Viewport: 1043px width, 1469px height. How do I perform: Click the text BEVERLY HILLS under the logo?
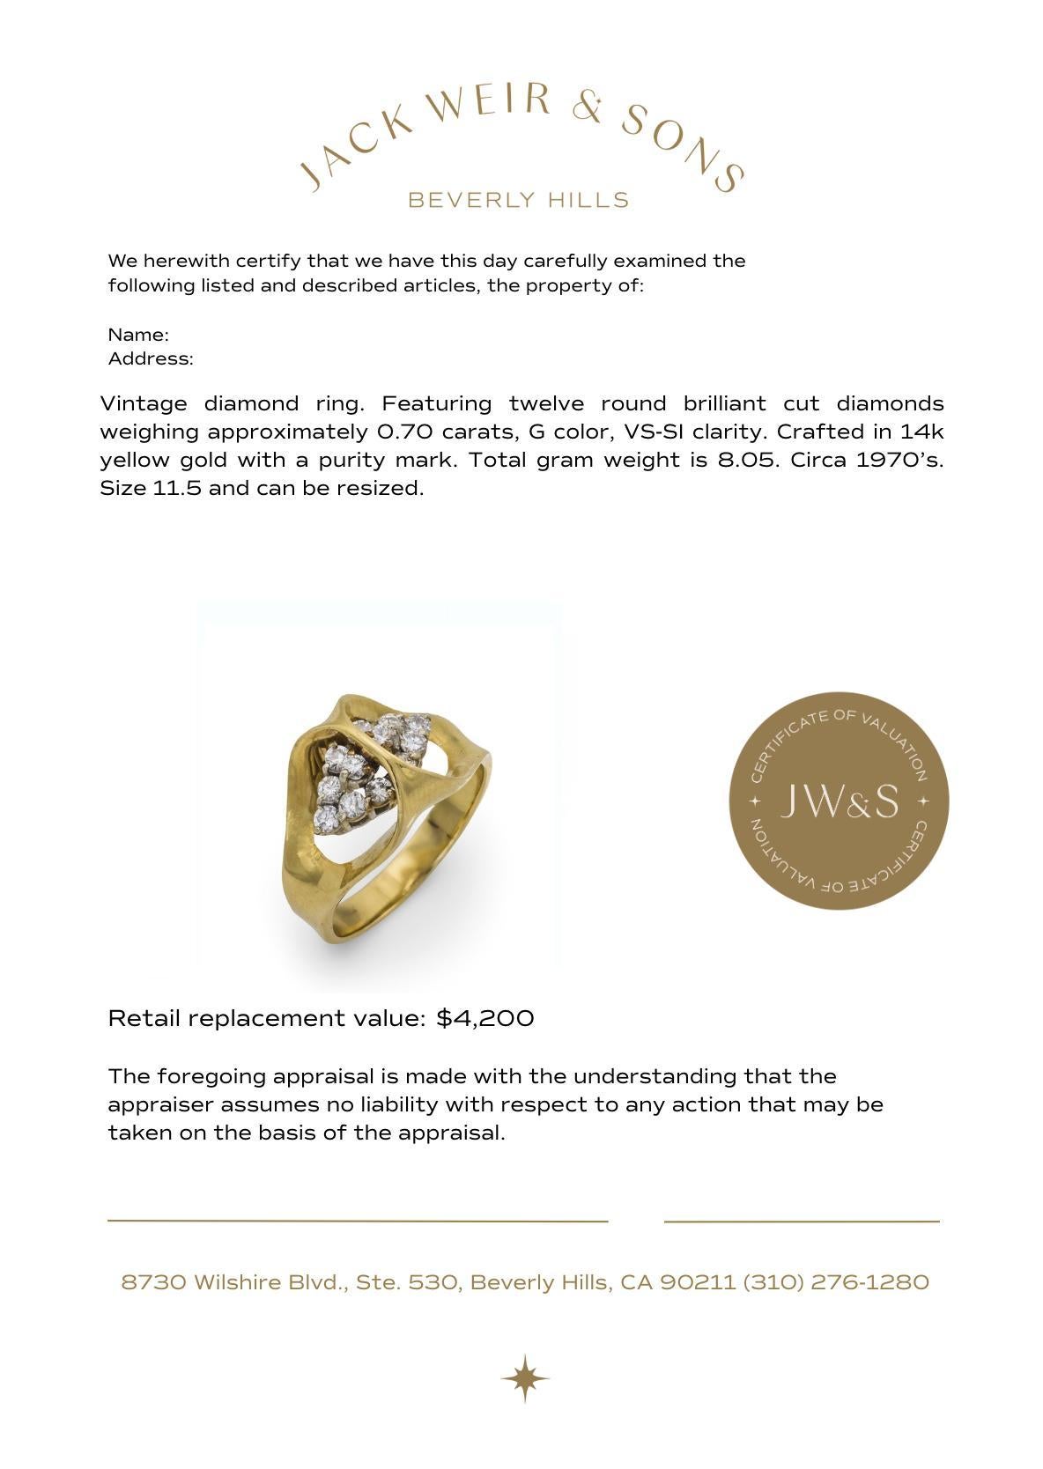tap(519, 201)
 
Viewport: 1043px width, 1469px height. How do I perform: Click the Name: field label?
tap(138, 336)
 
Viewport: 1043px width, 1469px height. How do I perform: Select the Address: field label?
tap(151, 359)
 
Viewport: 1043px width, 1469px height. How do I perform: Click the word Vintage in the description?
tap(143, 404)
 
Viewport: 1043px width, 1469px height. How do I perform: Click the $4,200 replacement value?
tap(485, 1019)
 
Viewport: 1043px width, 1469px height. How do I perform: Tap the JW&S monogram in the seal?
tap(839, 801)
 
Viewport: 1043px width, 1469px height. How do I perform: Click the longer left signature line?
tap(358, 1222)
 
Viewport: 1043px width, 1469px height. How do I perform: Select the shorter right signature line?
tap(802, 1222)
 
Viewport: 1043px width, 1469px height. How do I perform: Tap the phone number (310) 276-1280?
tap(836, 1282)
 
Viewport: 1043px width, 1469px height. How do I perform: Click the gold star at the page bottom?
tap(525, 1378)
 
